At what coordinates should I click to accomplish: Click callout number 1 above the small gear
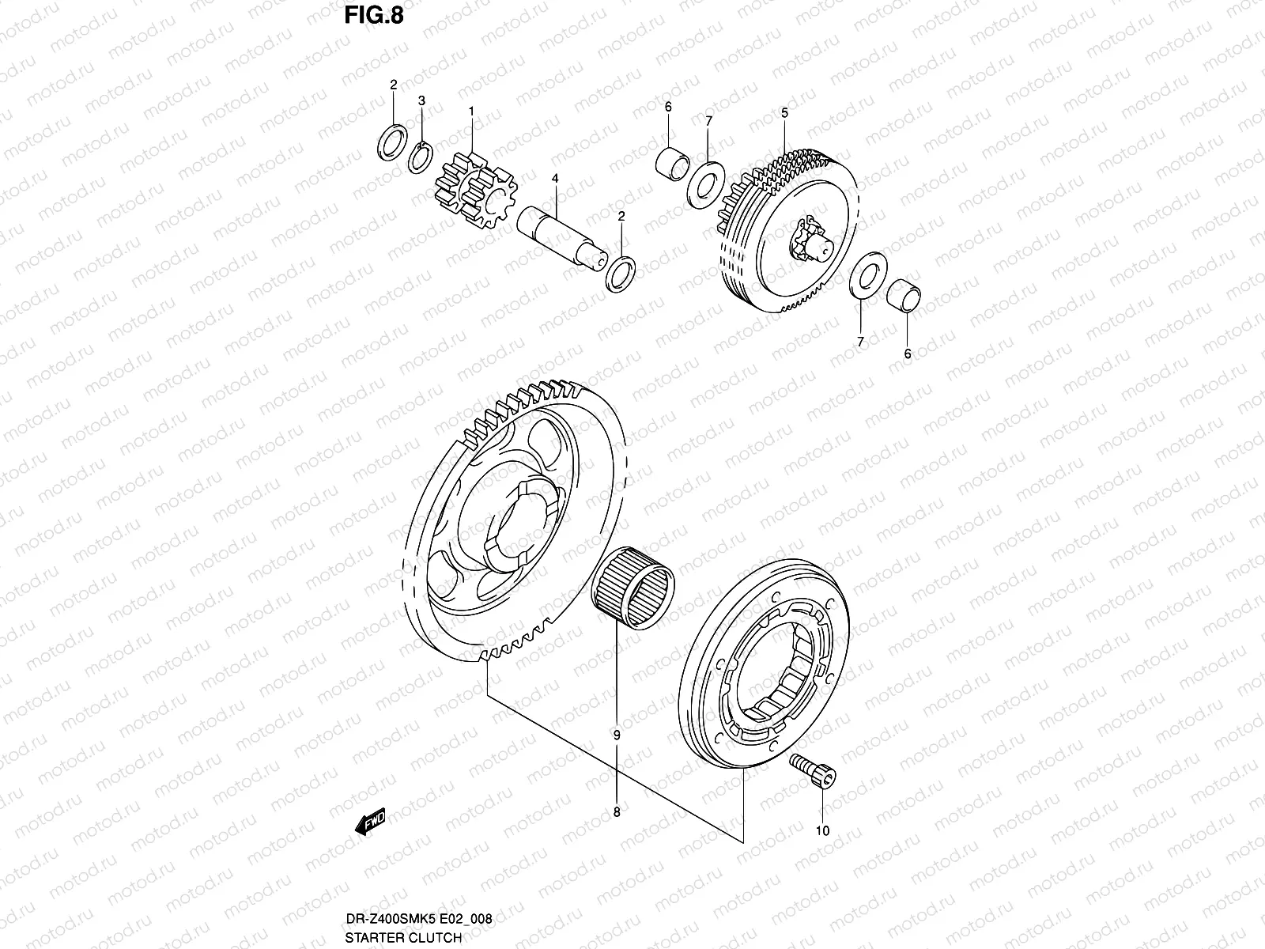pyautogui.click(x=471, y=112)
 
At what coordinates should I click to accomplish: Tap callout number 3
pyautogui.click(x=421, y=100)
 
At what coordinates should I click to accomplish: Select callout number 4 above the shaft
pyautogui.click(x=555, y=180)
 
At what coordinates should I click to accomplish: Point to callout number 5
pyautogui.click(x=784, y=113)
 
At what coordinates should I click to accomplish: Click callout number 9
pyautogui.click(x=617, y=735)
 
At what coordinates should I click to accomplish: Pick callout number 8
pyautogui.click(x=617, y=811)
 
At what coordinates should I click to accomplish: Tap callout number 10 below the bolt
pyautogui.click(x=822, y=830)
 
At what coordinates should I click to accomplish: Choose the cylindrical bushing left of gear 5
pyautogui.click(x=674, y=159)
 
